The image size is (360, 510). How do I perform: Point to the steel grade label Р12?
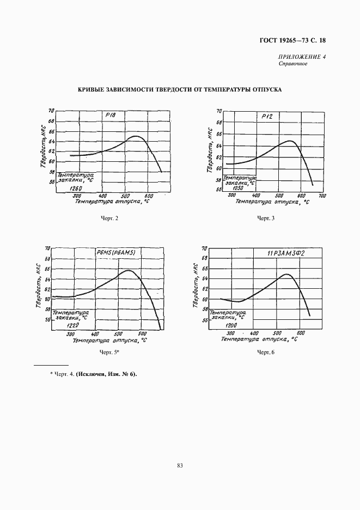[266, 117]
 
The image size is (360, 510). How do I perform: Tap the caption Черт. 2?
[109, 218]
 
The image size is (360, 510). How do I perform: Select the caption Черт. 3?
[266, 218]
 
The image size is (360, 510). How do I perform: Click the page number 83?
[180, 465]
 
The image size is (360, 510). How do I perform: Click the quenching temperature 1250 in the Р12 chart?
[236, 187]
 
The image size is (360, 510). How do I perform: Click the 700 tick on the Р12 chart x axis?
[322, 196]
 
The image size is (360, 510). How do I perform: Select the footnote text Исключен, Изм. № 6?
[106, 374]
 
